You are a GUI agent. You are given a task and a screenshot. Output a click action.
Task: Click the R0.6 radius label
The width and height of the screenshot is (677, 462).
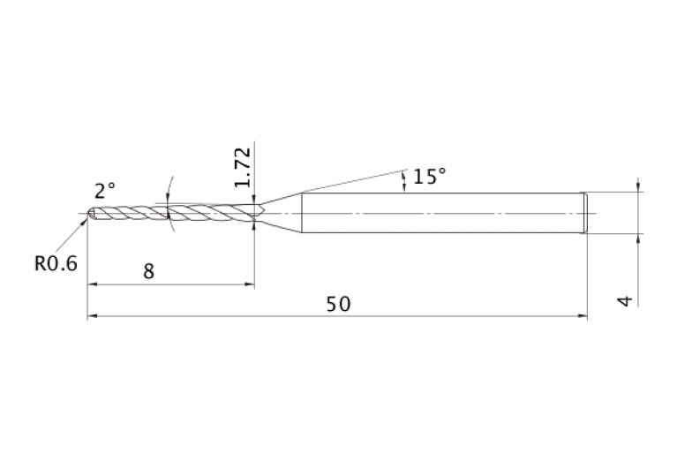tap(56, 263)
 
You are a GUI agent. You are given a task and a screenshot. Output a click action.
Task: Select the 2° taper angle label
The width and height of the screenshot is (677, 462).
tap(105, 191)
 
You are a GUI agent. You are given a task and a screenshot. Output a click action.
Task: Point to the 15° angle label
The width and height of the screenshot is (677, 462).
tap(429, 177)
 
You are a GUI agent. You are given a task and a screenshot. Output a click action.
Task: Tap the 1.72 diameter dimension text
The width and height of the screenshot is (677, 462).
tap(242, 167)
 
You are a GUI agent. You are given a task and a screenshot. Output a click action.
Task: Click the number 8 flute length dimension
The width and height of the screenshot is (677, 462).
tap(148, 271)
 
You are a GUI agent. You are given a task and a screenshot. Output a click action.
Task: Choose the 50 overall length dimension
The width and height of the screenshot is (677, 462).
tap(338, 304)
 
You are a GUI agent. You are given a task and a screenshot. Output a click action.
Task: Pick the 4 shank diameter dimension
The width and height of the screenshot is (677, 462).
tap(625, 301)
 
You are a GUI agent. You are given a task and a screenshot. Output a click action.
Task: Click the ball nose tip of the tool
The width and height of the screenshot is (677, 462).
tap(91, 214)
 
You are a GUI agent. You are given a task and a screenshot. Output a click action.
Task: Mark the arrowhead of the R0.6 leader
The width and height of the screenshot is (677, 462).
tap(84, 222)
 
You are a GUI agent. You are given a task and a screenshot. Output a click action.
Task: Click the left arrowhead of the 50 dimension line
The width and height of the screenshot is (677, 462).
tap(92, 316)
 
